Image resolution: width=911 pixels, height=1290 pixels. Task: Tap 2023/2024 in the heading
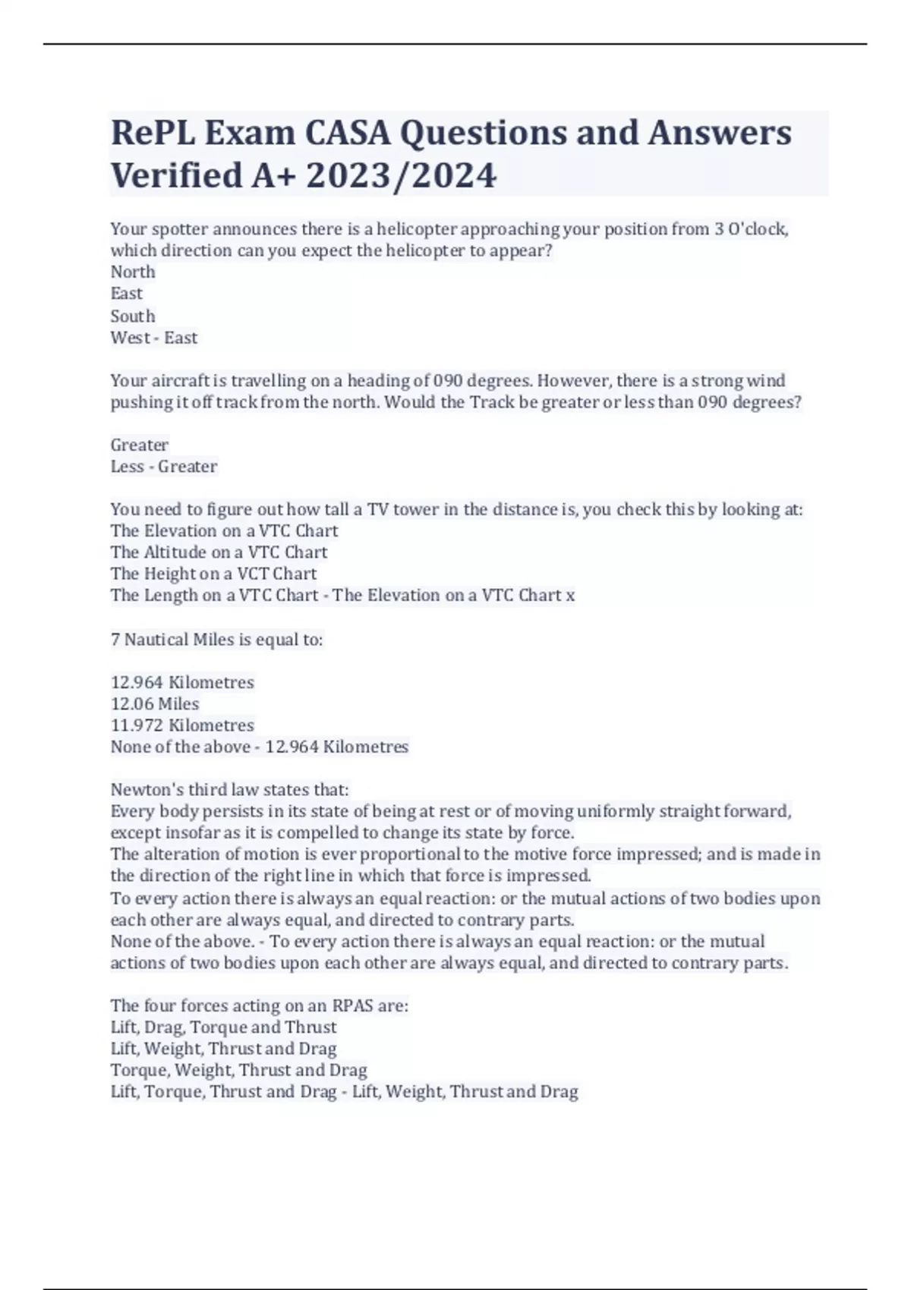401,175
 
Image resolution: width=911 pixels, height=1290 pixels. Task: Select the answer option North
133,272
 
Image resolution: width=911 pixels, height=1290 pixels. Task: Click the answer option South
133,316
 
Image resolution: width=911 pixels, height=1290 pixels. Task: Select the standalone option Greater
140,445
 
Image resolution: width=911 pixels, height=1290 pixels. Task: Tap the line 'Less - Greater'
164,466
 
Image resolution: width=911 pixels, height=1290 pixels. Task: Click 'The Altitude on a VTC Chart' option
219,552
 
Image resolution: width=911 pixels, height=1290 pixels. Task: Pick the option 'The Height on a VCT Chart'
213,574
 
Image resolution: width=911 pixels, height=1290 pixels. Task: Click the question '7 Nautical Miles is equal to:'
217,640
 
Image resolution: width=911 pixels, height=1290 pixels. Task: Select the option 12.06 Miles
155,703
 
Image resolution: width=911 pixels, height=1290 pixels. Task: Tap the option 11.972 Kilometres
182,725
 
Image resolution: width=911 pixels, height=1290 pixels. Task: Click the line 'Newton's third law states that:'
229,789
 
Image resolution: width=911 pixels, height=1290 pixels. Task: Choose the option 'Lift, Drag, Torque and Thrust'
223,1027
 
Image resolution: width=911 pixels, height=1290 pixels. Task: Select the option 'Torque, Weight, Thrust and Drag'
238,1070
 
